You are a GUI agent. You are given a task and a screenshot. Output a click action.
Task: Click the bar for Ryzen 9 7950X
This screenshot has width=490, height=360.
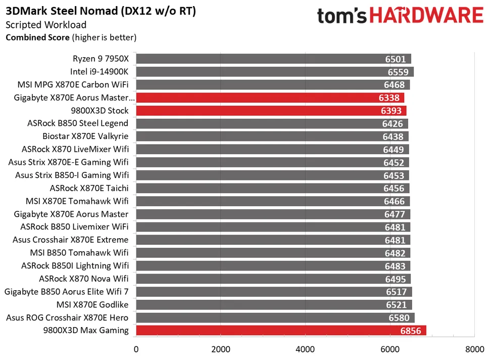pyautogui.click(x=273, y=59)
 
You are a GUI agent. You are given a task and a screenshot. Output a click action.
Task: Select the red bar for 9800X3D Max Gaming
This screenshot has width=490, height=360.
pyautogui.click(x=281, y=331)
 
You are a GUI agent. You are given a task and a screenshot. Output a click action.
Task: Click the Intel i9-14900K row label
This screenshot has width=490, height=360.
pyautogui.click(x=100, y=72)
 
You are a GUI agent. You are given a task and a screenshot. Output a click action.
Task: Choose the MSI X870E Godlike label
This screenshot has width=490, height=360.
pyautogui.click(x=92, y=305)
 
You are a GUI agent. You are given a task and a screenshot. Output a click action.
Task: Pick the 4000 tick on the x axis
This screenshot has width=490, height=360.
pyautogui.click(x=305, y=349)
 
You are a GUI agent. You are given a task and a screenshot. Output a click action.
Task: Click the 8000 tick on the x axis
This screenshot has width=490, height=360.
pyautogui.click(x=474, y=349)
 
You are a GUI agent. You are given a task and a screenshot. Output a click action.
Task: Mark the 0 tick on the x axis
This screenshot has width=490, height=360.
pyautogui.click(x=136, y=349)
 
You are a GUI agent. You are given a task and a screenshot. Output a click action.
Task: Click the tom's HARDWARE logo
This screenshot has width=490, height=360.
pyautogui.click(x=400, y=15)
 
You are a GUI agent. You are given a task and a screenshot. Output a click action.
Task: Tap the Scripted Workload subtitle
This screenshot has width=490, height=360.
pyautogui.click(x=46, y=25)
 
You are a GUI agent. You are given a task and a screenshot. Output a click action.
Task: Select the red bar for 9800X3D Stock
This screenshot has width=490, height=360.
pyautogui.click(x=271, y=111)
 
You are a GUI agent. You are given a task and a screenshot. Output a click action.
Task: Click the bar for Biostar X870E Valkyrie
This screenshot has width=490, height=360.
pyautogui.click(x=272, y=137)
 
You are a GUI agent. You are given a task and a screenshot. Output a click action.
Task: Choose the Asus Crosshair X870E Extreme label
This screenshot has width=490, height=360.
pyautogui.click(x=71, y=240)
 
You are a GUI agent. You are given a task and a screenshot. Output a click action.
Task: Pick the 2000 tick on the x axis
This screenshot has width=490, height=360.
pyautogui.click(x=220, y=349)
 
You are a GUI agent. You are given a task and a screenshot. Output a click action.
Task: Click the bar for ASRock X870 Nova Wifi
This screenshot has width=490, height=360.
pyautogui.click(x=273, y=279)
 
